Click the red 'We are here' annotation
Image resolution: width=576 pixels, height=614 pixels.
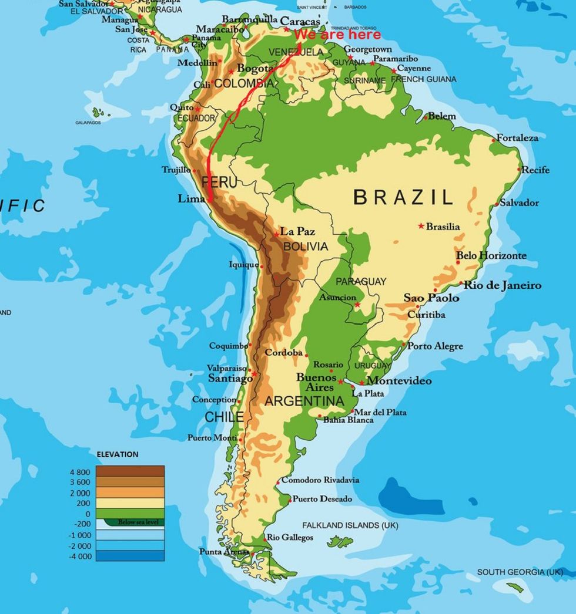(x=337, y=35)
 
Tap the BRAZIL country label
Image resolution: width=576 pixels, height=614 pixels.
(x=403, y=197)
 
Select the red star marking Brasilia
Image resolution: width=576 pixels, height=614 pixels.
(x=421, y=226)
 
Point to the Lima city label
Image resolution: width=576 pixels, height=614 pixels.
(x=191, y=199)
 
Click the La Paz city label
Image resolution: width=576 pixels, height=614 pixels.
(x=297, y=231)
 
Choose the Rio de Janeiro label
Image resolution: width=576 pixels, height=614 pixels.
(x=503, y=285)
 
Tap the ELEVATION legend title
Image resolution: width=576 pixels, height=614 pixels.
(x=118, y=454)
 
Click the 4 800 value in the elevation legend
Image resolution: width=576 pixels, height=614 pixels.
(x=80, y=472)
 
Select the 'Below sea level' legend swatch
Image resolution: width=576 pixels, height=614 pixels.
(x=133, y=521)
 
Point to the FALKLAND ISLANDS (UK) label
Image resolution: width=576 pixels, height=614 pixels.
(x=350, y=525)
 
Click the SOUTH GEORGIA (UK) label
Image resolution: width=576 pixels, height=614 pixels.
(x=520, y=572)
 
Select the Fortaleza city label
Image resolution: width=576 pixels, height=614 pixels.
(x=517, y=138)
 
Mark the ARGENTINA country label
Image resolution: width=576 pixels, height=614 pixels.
(x=304, y=401)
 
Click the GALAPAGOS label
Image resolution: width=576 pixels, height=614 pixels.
(x=88, y=123)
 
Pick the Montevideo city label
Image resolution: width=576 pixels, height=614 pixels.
(x=399, y=381)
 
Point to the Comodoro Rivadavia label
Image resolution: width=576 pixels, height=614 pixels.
(x=320, y=480)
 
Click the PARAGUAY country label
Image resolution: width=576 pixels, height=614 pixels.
(x=361, y=281)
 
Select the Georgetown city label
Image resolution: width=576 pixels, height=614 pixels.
(x=367, y=50)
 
